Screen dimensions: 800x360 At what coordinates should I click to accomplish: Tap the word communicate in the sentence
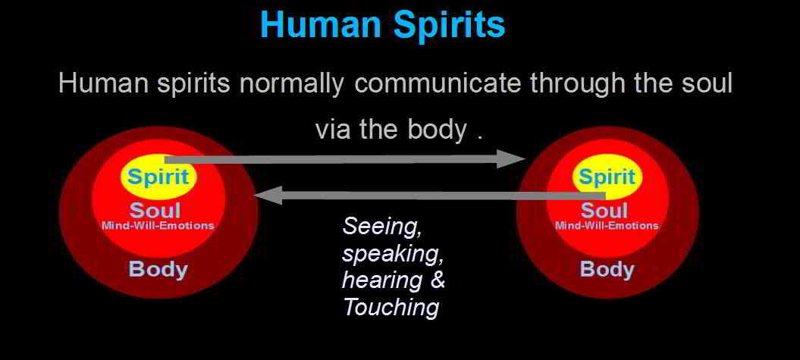(x=436, y=83)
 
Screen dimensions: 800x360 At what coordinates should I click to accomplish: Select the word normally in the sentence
(x=291, y=83)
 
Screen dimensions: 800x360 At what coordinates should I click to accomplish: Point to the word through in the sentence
(x=575, y=83)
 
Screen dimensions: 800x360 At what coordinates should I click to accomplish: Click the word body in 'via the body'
(x=437, y=130)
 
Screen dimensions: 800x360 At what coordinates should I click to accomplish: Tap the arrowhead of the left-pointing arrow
(x=268, y=196)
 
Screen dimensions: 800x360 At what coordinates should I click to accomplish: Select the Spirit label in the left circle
(x=158, y=177)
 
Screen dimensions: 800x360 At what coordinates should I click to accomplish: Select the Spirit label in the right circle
(x=606, y=177)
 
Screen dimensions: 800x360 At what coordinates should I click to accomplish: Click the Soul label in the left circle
(x=155, y=210)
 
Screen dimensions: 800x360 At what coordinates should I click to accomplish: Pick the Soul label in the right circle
(x=604, y=210)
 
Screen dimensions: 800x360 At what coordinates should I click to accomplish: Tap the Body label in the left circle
(x=158, y=269)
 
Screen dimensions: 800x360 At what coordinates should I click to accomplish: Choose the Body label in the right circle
(x=607, y=269)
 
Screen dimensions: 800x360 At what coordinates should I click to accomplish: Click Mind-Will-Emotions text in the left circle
(x=158, y=225)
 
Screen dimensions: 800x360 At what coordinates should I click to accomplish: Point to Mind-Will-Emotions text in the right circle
(x=607, y=225)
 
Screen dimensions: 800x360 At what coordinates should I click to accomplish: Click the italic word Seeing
(x=382, y=227)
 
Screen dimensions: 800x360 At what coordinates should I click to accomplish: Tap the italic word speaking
(x=392, y=254)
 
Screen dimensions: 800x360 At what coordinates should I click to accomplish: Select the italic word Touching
(x=391, y=308)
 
